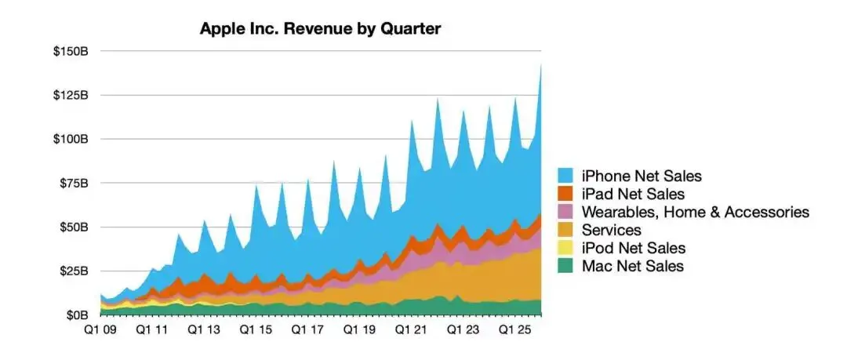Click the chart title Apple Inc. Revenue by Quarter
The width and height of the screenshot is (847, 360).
click(320, 29)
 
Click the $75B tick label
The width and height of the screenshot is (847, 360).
click(75, 183)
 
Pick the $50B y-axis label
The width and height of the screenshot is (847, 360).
click(75, 227)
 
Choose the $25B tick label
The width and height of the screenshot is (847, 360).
click(75, 271)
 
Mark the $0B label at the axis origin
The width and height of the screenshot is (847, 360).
click(78, 315)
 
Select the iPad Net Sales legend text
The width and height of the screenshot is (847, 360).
click(633, 194)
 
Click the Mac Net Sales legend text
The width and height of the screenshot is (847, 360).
click(632, 266)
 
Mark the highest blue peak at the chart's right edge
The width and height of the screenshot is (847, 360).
click(541, 66)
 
